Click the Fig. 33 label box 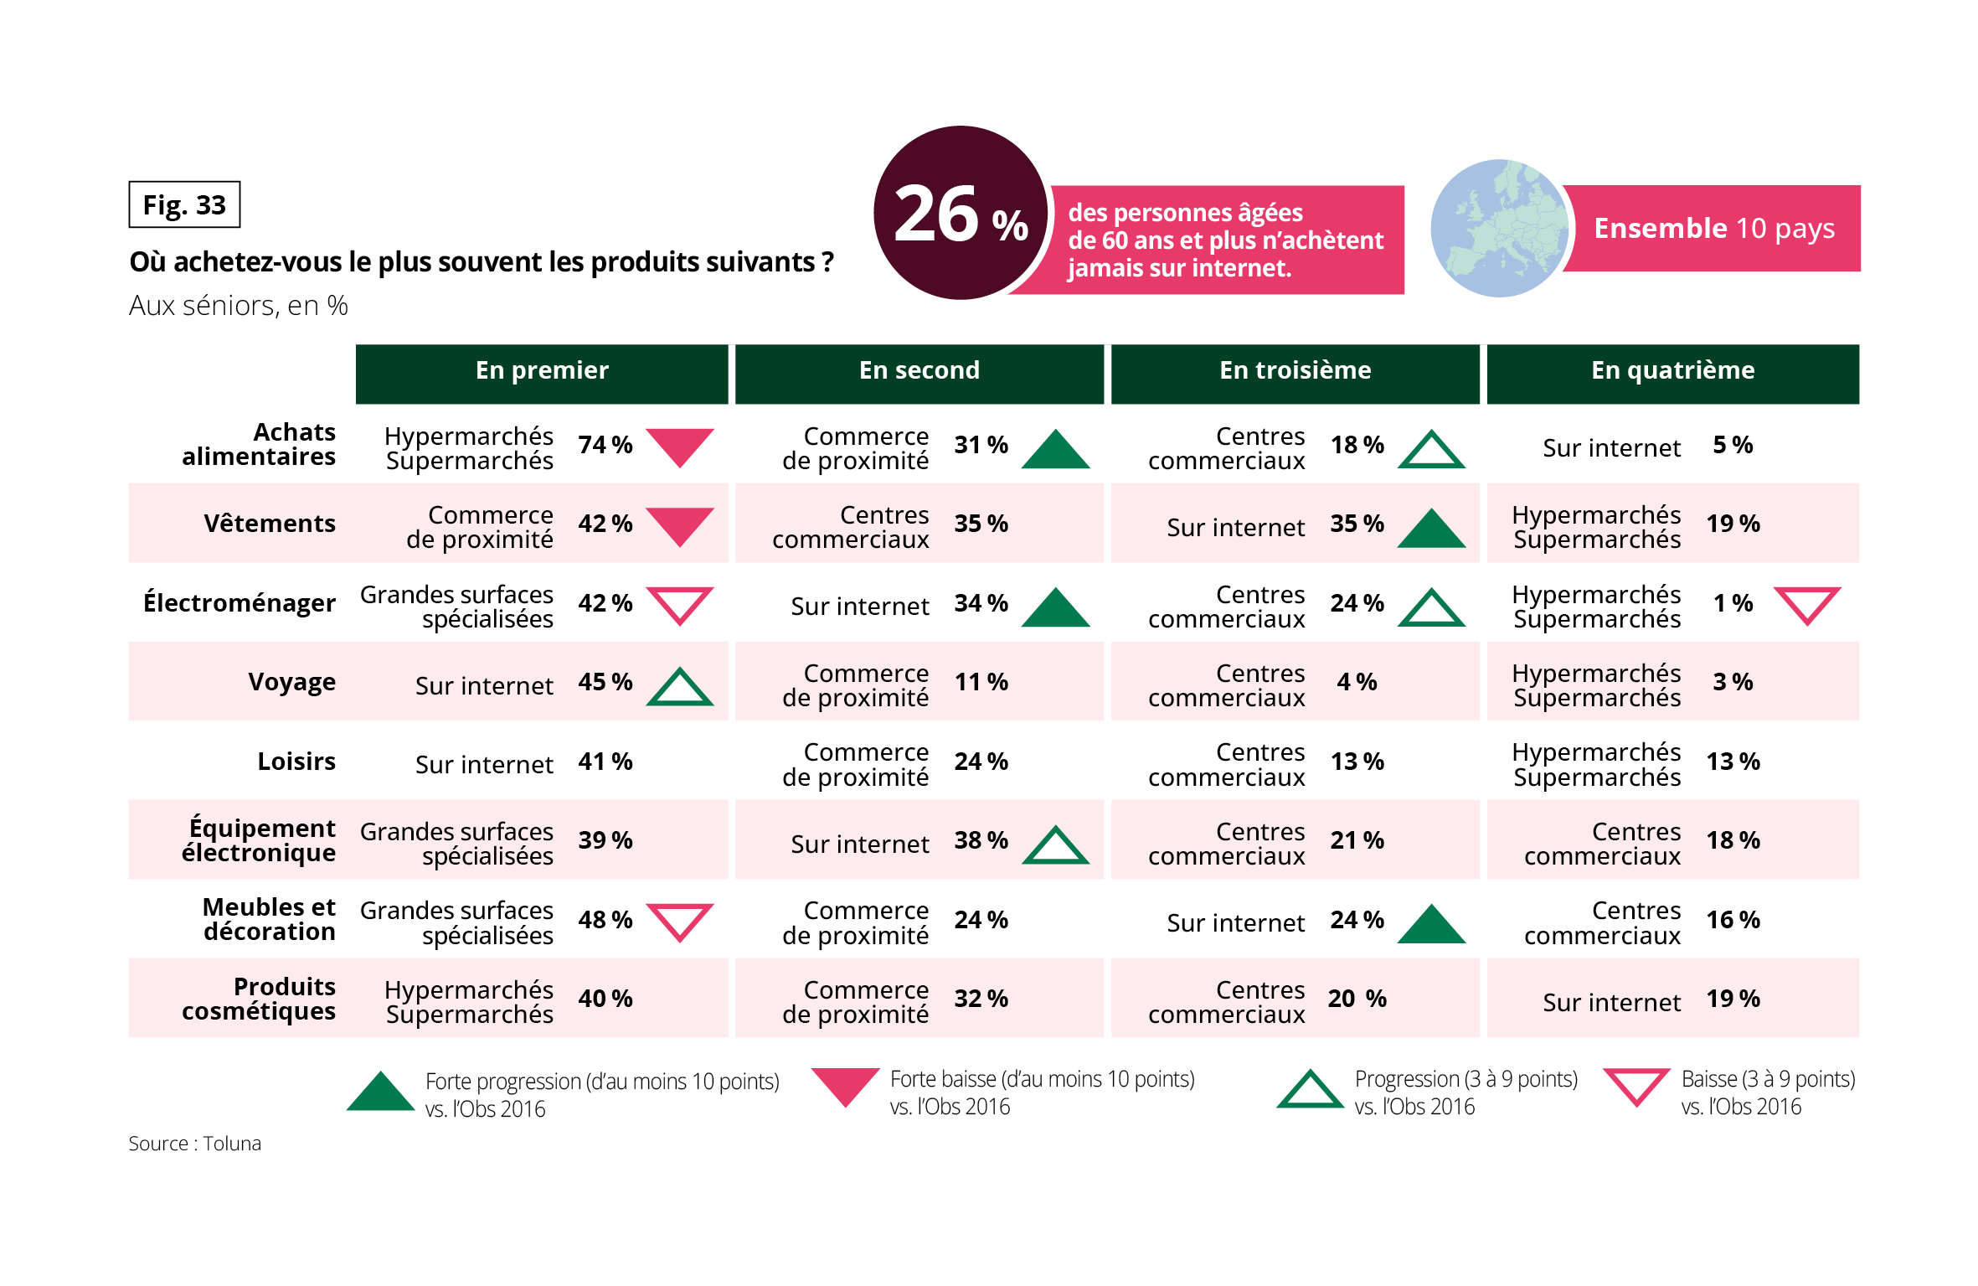(x=184, y=204)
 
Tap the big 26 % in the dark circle (x=961, y=214)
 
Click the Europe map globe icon (x=1498, y=228)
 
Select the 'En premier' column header (x=542, y=371)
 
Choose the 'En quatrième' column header (x=1672, y=371)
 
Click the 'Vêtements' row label (x=270, y=524)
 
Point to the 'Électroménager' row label (x=240, y=602)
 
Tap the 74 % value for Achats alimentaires (x=605, y=445)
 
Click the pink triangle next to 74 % (x=680, y=445)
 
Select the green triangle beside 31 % (x=1056, y=450)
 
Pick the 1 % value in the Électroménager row (x=1733, y=603)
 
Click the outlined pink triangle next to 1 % (x=1807, y=604)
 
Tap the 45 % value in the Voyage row (x=605, y=682)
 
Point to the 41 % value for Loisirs (x=605, y=762)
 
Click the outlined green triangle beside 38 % (x=1056, y=845)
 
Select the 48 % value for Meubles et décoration (x=605, y=920)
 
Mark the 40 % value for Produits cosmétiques (x=605, y=999)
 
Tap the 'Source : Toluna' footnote (x=194, y=1144)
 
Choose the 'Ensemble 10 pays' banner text (x=1713, y=228)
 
